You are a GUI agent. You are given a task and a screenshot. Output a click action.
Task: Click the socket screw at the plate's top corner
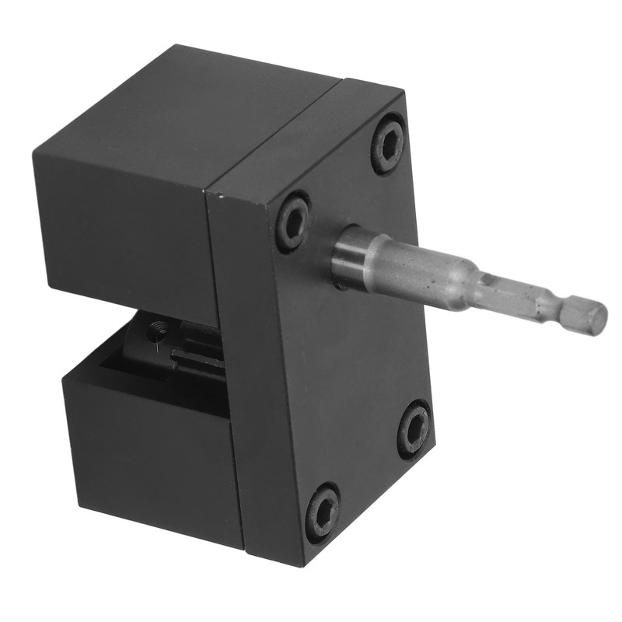pyautogui.click(x=387, y=144)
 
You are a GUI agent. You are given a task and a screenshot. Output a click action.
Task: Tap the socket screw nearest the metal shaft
pyautogui.click(x=293, y=222)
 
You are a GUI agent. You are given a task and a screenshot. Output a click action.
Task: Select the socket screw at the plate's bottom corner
pyautogui.click(x=322, y=512)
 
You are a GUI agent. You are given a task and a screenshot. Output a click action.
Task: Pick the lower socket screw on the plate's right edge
pyautogui.click(x=414, y=428)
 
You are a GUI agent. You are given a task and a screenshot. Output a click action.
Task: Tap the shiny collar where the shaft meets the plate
pyautogui.click(x=348, y=257)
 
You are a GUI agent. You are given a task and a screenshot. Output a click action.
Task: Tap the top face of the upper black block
pyautogui.click(x=194, y=117)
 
